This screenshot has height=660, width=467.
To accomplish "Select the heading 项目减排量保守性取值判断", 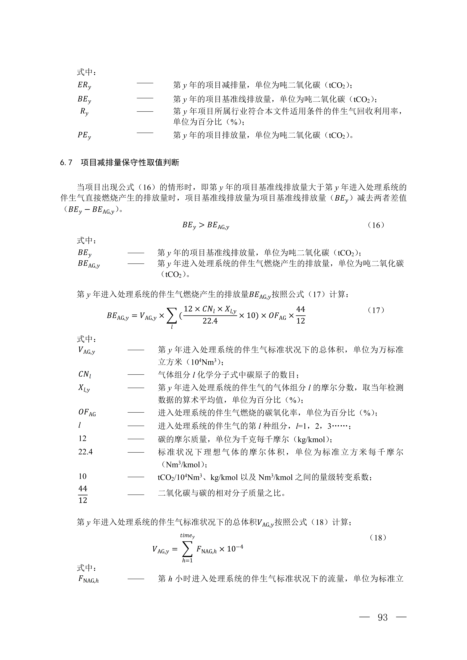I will click(130, 163).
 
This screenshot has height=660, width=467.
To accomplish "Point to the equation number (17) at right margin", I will click(376, 310).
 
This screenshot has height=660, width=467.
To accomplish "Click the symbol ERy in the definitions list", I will click(84, 85).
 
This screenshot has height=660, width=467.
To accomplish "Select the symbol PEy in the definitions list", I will click(84, 135).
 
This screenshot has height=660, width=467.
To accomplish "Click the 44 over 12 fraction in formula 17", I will click(301, 315).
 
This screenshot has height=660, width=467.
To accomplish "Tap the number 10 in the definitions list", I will click(83, 476).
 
